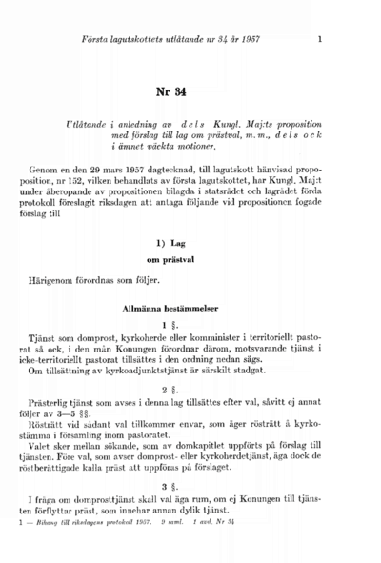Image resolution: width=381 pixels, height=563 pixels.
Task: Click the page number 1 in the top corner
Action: [320, 39]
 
